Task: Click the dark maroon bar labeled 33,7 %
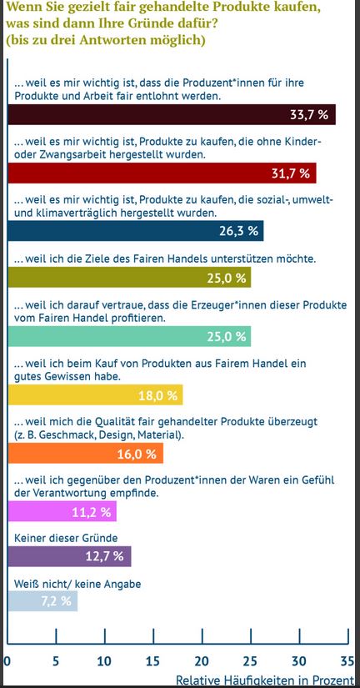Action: coord(172,114)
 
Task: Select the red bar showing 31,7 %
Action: coord(162,173)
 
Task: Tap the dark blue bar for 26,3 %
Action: coord(136,231)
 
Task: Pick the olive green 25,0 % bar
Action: coord(130,278)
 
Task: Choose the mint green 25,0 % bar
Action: coord(130,336)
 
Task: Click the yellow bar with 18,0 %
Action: coord(96,395)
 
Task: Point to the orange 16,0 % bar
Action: coord(86,454)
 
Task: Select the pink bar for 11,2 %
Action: coord(62,511)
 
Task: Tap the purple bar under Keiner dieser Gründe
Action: coord(70,556)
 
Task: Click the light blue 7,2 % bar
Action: coord(43,601)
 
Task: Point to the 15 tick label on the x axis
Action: coord(153,660)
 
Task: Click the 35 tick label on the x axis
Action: coord(347,660)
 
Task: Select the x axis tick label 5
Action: coord(56,660)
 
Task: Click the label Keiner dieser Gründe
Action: coord(66,538)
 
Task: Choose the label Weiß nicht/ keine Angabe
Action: coord(77,584)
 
